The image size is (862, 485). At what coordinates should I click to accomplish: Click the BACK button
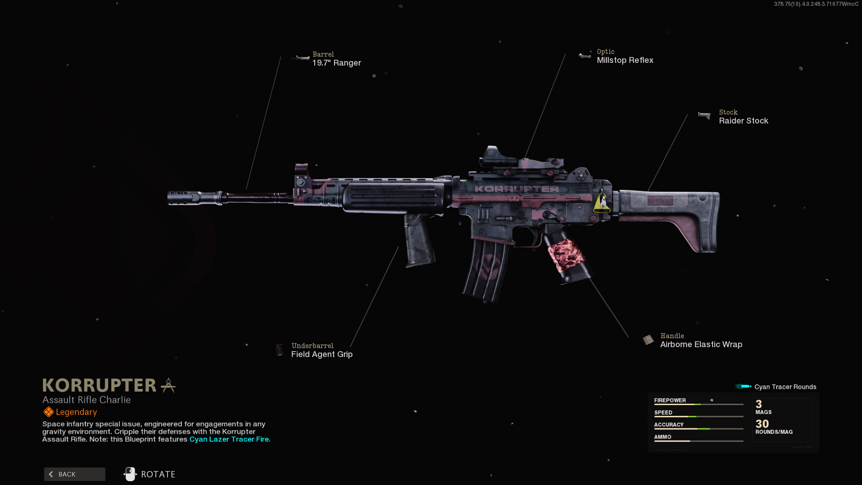tap(75, 474)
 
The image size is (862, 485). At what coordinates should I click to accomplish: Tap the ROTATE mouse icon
tap(130, 474)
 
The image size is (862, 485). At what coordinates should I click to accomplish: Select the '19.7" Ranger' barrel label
tap(336, 63)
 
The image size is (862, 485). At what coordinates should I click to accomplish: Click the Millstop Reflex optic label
tap(625, 60)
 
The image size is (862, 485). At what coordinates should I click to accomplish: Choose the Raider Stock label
tap(743, 121)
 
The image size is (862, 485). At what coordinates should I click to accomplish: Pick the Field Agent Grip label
tap(321, 354)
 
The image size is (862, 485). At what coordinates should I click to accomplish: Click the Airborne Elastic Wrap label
tap(701, 344)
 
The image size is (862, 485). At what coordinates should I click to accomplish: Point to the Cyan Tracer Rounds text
tap(785, 387)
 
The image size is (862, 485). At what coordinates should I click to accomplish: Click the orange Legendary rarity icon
tap(48, 412)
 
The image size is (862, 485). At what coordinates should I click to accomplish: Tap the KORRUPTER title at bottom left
tap(99, 385)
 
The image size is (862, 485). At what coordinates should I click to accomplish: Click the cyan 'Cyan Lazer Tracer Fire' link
tap(229, 439)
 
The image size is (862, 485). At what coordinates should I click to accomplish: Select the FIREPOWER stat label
tap(669, 401)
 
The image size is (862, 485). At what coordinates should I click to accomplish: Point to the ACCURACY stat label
tap(668, 425)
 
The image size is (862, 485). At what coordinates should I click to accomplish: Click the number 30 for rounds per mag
tap(762, 424)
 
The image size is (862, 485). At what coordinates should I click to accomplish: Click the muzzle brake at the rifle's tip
tap(184, 198)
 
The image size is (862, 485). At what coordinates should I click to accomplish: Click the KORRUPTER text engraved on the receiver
tap(517, 189)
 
